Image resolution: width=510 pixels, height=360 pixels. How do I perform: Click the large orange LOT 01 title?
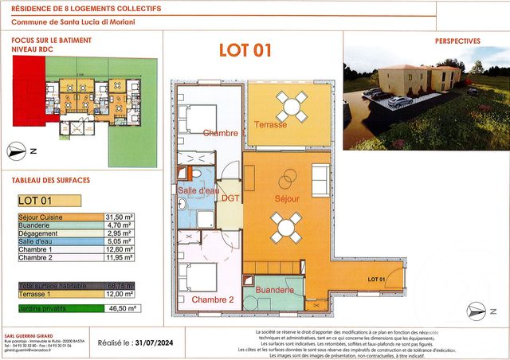[x=245, y=50]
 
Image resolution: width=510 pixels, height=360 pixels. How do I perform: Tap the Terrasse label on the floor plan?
[x=270, y=124]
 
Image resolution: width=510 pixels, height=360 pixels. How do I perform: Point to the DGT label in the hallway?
[x=230, y=198]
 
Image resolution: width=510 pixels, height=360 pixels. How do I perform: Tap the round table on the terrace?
[x=291, y=105]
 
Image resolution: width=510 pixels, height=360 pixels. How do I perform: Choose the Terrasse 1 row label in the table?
[x=36, y=294]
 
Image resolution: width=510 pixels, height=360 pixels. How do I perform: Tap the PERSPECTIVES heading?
[x=457, y=41]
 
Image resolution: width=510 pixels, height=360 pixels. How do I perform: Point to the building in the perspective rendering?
[x=420, y=79]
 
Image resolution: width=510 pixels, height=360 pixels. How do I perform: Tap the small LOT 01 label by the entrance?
[x=376, y=280]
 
